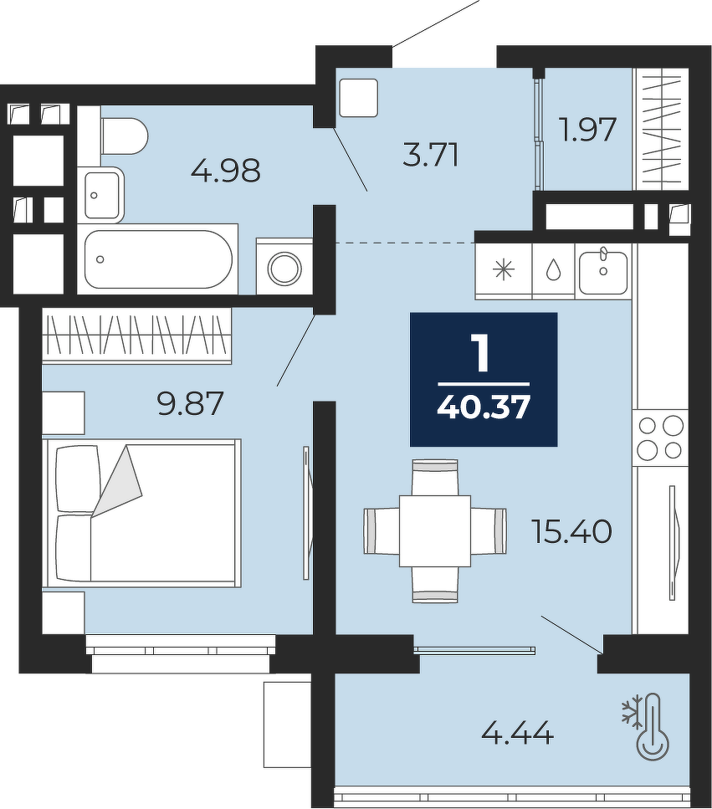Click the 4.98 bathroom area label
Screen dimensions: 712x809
click(x=225, y=171)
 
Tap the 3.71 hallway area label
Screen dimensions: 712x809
click(x=431, y=155)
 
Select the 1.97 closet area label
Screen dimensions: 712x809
click(x=589, y=130)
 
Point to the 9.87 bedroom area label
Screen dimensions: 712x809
click(x=191, y=403)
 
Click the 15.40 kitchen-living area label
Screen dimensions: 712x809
click(x=571, y=531)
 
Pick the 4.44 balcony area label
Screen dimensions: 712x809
click(x=518, y=733)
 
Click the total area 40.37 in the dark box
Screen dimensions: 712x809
click(x=484, y=408)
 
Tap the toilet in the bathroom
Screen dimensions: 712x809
click(x=125, y=136)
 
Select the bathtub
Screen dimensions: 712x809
click(x=158, y=259)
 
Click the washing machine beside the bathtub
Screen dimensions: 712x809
click(x=284, y=266)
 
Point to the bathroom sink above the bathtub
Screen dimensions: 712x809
click(x=104, y=194)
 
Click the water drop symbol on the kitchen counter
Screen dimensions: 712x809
click(x=554, y=270)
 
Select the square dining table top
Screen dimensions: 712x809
click(x=435, y=531)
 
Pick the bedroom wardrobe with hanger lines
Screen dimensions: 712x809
click(x=136, y=335)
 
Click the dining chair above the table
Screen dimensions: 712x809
click(x=435, y=478)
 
